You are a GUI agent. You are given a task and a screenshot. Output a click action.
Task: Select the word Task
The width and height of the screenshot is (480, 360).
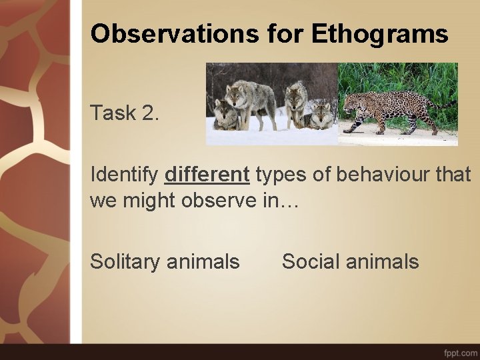click(113, 113)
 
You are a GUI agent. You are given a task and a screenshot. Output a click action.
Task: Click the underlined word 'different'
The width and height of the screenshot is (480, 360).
click(207, 175)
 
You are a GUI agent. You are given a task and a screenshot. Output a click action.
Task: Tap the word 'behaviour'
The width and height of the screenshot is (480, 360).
click(369, 175)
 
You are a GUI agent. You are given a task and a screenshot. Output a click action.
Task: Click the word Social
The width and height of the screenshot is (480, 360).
click(311, 261)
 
